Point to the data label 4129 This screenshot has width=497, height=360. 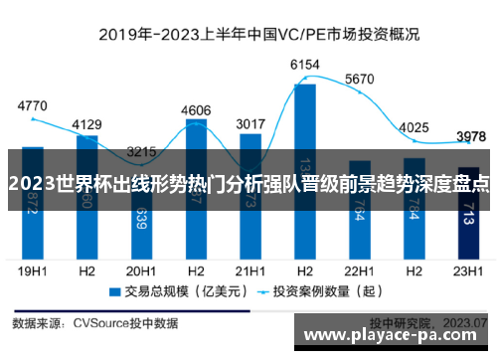pos(87,124)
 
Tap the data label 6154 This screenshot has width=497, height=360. pos(304,65)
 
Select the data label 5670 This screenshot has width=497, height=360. pos(359,79)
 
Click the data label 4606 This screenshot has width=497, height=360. pos(196,110)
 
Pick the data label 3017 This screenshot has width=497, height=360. pos(250,124)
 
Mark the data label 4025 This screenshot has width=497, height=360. pos(414,127)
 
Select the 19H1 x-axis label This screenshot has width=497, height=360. pos(33,270)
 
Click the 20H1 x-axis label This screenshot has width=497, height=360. pos(141,270)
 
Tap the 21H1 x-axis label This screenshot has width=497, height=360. pos(250,270)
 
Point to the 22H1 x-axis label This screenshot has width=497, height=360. pos(359,270)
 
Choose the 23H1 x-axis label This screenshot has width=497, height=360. pos(468,270)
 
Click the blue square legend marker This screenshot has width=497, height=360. pos(115,293)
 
